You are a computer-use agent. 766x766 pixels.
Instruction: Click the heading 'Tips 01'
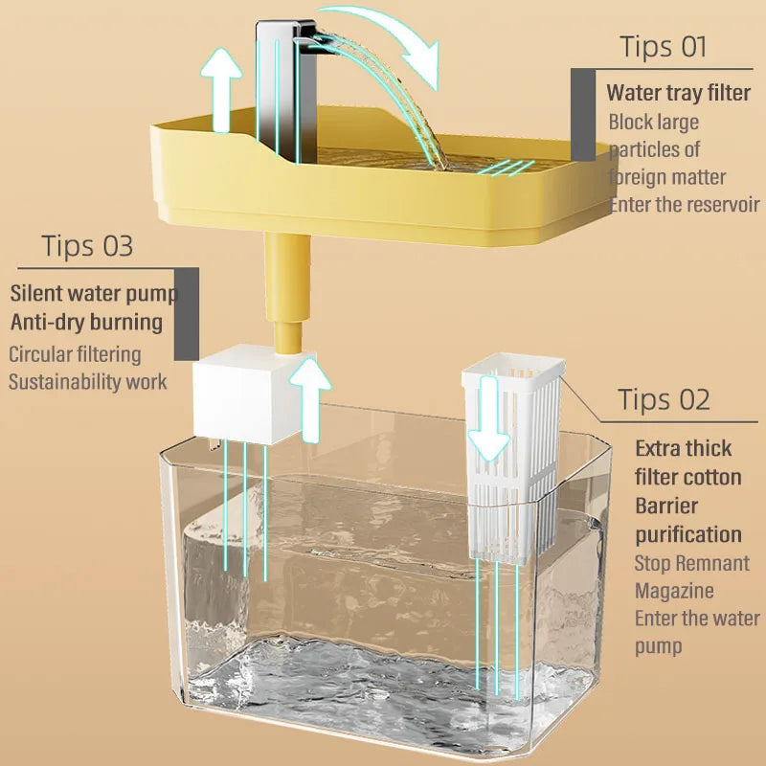(663, 46)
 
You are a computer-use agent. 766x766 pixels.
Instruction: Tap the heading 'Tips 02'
(664, 399)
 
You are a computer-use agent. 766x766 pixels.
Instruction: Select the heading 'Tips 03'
(87, 245)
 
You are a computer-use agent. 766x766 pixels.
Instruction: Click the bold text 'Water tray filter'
(678, 94)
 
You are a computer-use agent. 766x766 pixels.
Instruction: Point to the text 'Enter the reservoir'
(684, 205)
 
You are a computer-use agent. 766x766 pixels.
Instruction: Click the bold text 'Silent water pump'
(92, 291)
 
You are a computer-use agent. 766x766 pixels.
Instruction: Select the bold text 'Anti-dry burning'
(86, 321)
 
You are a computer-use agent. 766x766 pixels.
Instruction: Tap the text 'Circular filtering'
(75, 354)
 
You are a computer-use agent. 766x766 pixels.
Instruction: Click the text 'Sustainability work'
(87, 382)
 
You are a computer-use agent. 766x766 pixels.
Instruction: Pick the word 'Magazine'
(674, 591)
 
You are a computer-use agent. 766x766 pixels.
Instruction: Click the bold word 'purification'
(688, 534)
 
